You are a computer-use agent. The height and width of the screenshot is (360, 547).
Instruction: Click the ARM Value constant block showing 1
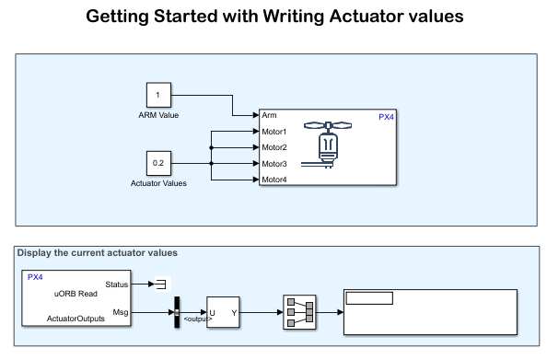pos(158,95)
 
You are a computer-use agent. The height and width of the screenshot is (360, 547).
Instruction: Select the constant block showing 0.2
pos(158,163)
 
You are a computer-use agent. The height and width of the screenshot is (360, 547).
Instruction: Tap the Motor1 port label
pos(274,132)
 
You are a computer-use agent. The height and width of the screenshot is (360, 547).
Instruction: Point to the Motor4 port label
pos(274,180)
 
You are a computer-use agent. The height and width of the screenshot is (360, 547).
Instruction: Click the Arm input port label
pos(269,115)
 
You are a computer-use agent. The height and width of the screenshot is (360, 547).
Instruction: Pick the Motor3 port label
pos(274,164)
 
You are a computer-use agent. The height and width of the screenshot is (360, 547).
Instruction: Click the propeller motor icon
pos(327,145)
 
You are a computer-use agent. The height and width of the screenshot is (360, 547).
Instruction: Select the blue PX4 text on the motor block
pos(386,117)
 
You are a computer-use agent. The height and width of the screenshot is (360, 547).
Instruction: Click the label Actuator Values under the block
pos(158,183)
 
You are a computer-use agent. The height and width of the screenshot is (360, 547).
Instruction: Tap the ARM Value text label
pos(158,115)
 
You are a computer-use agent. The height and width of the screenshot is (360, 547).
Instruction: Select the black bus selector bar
pos(177,312)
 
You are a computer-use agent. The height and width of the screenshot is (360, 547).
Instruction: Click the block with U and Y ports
pos(223,312)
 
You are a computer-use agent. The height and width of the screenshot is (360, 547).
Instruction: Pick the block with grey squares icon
pos(299,312)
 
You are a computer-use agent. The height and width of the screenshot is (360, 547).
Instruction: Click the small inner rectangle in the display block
pos(369,298)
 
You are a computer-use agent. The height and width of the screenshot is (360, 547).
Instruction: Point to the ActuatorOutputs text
pos(76,319)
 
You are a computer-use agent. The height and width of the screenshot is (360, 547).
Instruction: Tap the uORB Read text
pos(76,294)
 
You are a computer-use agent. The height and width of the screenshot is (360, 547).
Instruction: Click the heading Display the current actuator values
pos(98,252)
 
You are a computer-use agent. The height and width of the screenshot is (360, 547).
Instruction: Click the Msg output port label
pos(121,312)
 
